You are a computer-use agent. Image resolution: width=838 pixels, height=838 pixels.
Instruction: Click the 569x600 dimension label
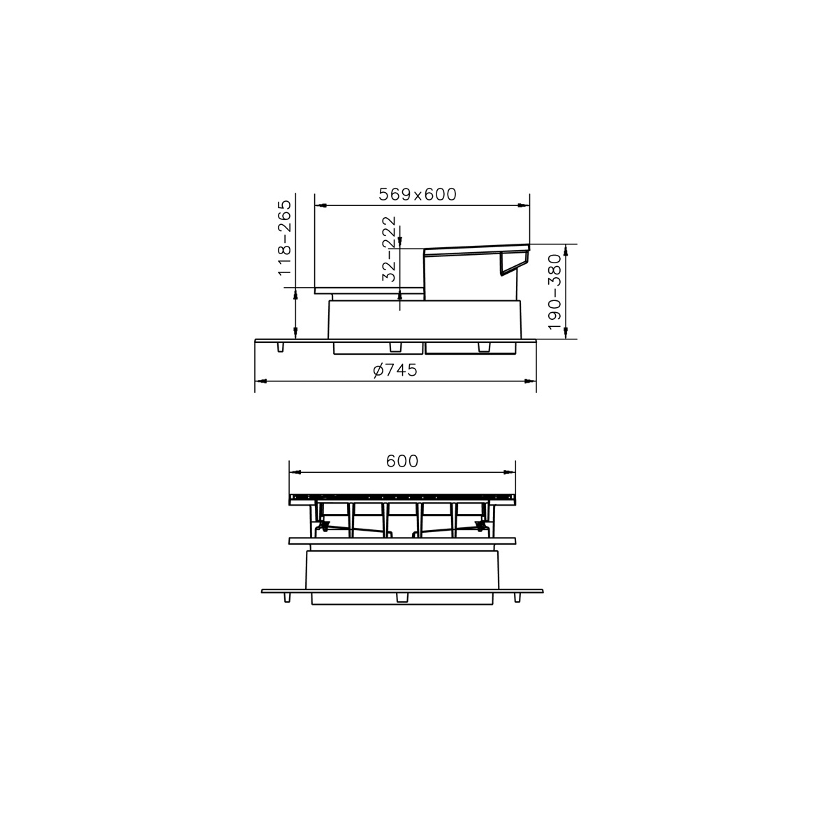coord(418,194)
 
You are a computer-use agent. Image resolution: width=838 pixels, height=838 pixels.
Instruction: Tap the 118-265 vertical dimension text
coord(284,237)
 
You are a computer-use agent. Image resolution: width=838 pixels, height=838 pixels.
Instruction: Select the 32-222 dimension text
coord(389,249)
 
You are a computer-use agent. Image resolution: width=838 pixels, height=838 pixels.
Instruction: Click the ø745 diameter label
coord(395,370)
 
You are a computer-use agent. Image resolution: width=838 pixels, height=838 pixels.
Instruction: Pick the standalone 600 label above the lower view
coord(402,461)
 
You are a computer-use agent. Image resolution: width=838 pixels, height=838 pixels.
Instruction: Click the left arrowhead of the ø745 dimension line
coord(260,381)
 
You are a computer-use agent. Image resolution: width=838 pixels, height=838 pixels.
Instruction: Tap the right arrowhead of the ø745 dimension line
coord(531,381)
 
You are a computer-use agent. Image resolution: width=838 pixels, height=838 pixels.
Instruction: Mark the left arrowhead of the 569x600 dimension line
coord(320,205)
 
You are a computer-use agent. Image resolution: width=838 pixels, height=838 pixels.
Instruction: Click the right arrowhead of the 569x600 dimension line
coord(524,205)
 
